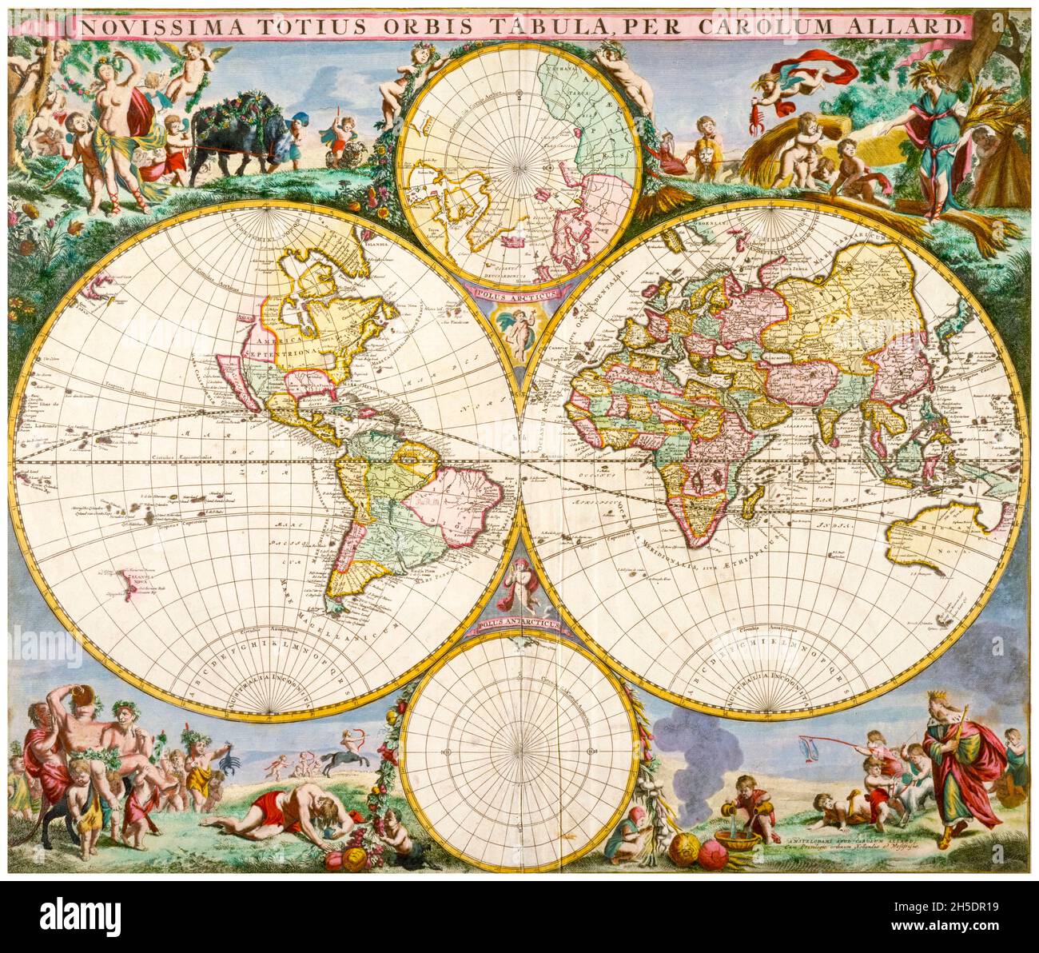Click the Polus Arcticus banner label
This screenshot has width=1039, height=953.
pos(516,293)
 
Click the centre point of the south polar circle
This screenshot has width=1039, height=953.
pos(520,752)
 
